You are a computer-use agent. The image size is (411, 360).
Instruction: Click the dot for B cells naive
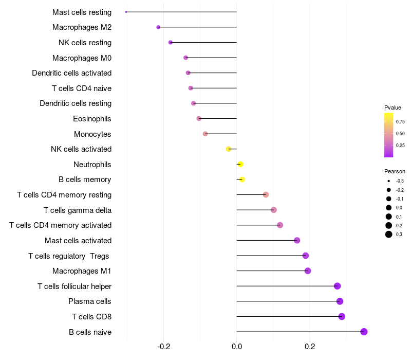(364, 332)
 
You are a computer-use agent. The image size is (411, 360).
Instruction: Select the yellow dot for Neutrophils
(240, 164)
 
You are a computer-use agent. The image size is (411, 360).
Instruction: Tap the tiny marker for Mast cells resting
(126, 12)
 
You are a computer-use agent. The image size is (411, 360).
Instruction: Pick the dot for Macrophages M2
(158, 27)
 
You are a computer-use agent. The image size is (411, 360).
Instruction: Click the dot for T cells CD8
(342, 316)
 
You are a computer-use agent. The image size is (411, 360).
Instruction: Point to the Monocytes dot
(205, 134)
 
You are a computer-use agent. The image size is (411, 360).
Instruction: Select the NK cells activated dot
(229, 149)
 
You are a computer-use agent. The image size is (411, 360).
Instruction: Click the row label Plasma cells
(89, 301)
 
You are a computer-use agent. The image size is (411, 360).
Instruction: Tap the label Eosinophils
(92, 119)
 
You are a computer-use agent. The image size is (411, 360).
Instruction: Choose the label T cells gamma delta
(78, 210)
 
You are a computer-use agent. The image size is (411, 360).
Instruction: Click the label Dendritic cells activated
(72, 73)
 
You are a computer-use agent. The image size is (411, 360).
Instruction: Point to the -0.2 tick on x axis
(163, 346)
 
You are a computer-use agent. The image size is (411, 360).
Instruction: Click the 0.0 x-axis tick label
(237, 346)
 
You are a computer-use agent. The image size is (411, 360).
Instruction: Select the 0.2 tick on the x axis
(310, 346)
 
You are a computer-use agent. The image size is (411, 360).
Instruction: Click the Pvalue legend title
(393, 107)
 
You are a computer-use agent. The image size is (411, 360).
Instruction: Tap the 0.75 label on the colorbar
(400, 122)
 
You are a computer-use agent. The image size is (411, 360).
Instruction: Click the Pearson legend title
(395, 171)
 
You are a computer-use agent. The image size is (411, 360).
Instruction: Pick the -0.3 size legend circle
(389, 181)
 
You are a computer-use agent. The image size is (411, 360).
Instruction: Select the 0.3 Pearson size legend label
(399, 235)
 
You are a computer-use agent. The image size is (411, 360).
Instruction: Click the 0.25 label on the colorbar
(400, 146)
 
